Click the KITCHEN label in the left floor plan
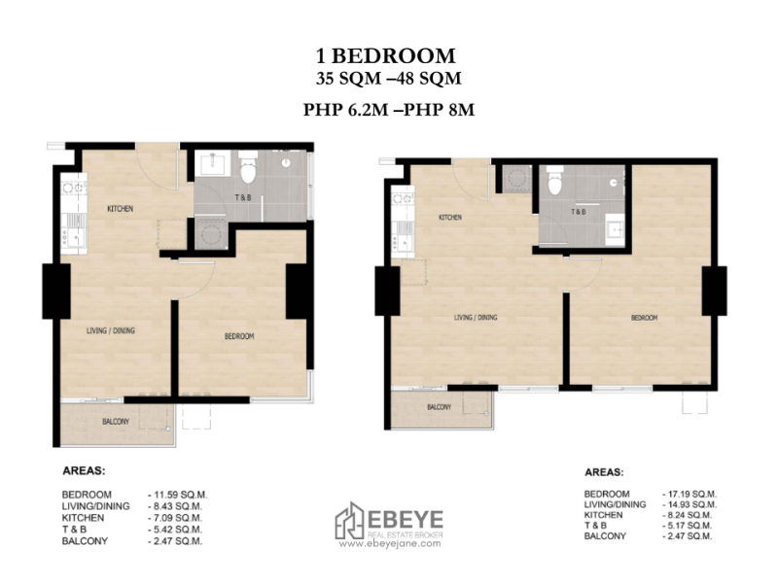121,209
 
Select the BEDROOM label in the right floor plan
645,318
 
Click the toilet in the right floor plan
555,181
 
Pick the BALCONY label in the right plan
439,406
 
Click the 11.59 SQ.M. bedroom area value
179,495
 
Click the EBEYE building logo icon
349,522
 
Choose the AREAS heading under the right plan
604,474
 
